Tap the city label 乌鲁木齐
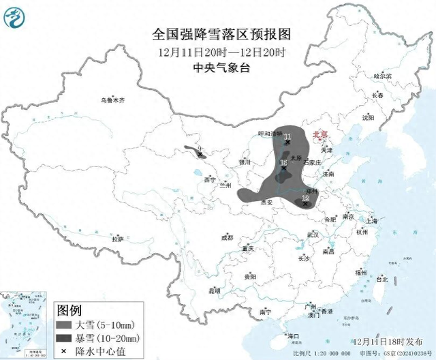click(x=113, y=101)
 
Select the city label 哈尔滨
click(x=383, y=76)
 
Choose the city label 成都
click(x=228, y=238)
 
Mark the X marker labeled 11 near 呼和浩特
click(x=287, y=144)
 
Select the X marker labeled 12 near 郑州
click(x=305, y=203)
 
